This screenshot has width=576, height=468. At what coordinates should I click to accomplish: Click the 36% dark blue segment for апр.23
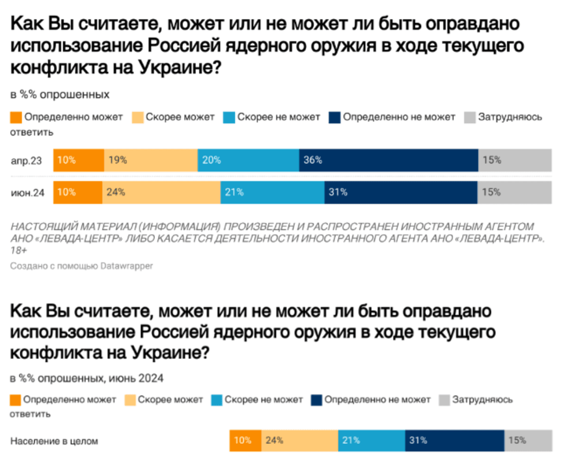click(x=388, y=160)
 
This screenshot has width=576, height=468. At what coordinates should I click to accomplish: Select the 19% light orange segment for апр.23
click(x=150, y=160)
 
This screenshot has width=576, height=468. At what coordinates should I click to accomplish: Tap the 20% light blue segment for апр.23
click(x=248, y=160)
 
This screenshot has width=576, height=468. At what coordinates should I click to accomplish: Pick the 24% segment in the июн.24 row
click(x=161, y=193)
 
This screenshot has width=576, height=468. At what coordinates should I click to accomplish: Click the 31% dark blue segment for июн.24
click(x=400, y=193)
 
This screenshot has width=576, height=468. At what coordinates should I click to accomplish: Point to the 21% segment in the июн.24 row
click(x=272, y=193)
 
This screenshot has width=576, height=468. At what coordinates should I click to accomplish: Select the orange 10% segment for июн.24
click(x=78, y=193)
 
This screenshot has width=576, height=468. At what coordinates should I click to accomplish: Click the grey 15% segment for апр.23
click(x=514, y=160)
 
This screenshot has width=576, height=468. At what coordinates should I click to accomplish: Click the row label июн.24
click(x=28, y=193)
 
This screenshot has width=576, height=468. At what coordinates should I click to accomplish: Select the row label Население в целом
click(x=55, y=441)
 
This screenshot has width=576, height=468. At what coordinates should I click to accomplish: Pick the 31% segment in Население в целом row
click(x=454, y=441)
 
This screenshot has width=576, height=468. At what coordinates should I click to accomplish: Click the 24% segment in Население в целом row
click(x=300, y=441)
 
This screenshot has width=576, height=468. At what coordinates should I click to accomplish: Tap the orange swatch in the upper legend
click(x=16, y=117)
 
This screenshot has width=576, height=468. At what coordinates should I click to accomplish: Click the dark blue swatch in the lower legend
click(x=316, y=399)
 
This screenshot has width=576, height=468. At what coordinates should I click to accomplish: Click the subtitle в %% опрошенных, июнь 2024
click(x=87, y=379)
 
